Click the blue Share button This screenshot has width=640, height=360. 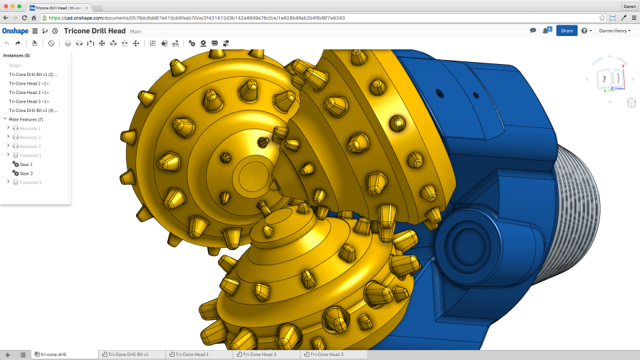(566, 31)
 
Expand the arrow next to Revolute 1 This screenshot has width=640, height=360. (8, 128)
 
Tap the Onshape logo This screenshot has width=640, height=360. (15, 31)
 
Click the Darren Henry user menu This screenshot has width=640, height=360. (615, 31)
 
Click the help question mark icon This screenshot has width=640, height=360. (584, 31)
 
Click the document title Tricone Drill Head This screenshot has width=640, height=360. (95, 31)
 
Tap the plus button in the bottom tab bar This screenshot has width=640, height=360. (7, 355)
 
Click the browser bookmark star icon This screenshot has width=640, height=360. (602, 17)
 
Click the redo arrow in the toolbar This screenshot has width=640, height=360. (18, 43)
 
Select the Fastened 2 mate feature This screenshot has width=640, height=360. (30, 182)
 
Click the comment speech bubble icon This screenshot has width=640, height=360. (533, 31)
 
